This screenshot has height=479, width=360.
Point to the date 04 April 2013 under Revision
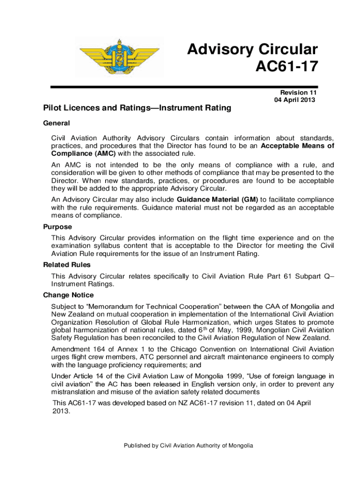coord(295,100)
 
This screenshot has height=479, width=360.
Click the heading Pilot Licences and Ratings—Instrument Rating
coord(137,109)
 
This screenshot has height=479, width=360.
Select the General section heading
coord(57,123)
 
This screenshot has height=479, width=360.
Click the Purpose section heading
coord(58,227)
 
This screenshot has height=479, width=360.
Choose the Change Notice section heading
coord(68,295)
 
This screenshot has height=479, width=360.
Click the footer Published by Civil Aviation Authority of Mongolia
coord(188,446)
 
